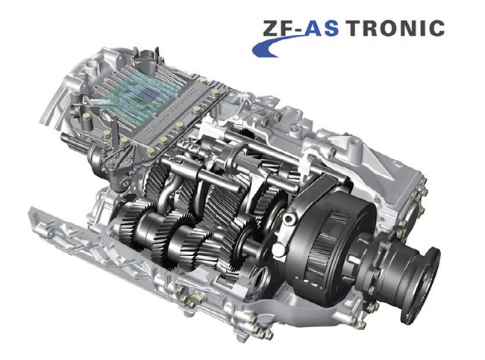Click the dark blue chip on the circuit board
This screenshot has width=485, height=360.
(148, 94)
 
